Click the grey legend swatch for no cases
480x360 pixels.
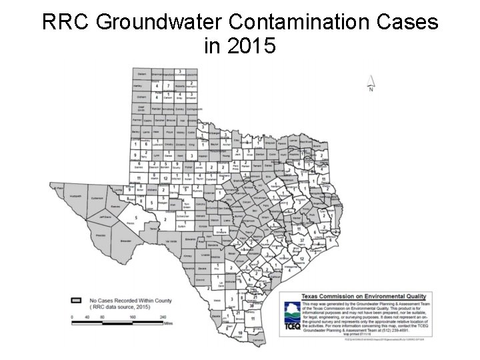coord(77,301)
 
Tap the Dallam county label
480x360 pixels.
coord(141,74)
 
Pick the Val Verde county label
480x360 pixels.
coord(170,241)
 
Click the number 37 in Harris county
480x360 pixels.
coord(302,239)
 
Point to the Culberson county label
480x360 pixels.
coord(97,198)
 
